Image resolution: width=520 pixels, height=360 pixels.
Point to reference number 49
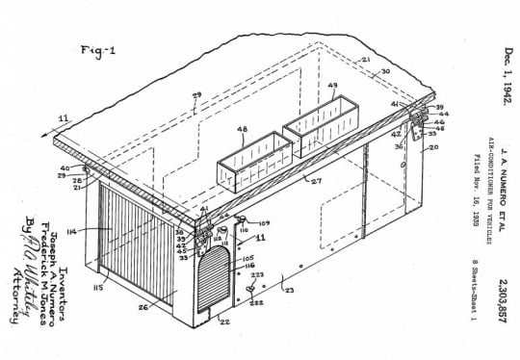332,87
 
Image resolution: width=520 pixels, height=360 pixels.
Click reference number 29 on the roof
197,94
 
